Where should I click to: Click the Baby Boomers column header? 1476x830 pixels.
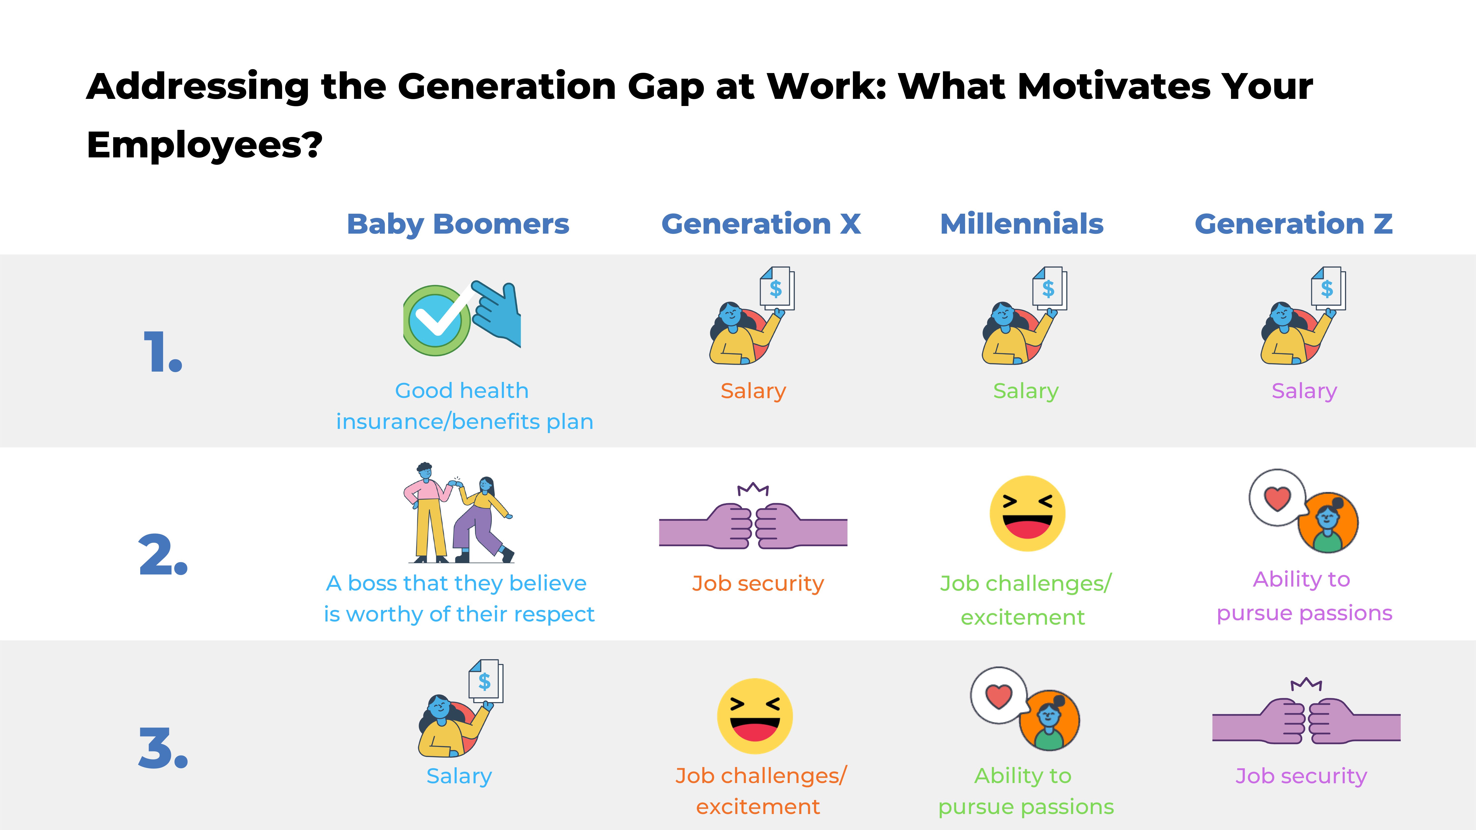(458, 224)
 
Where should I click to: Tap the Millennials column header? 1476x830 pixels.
(1022, 224)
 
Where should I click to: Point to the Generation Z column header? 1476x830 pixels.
(1293, 224)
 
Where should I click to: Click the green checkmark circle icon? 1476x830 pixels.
(437, 321)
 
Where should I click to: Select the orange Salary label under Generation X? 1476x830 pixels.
(753, 391)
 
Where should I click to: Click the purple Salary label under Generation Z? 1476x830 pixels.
(1304, 391)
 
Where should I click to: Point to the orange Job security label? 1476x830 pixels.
(757, 584)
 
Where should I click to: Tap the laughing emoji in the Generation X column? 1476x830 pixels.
(755, 716)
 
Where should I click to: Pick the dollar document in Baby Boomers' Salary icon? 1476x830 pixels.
(485, 681)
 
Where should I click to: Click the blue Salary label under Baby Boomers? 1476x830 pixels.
(459, 776)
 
